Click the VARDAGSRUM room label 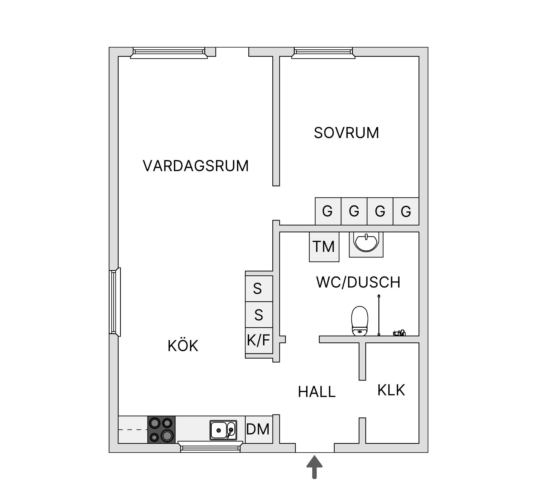[196, 166]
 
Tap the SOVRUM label [347, 133]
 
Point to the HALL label [316, 392]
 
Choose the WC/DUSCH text [358, 282]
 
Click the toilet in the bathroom [360, 321]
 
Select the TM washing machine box [324, 247]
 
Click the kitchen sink [223, 430]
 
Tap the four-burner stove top [161, 429]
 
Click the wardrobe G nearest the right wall [406, 211]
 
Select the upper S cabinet [259, 288]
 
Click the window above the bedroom [323, 53]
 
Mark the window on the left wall [115, 302]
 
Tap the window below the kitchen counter [210, 447]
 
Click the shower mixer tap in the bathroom [399, 333]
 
